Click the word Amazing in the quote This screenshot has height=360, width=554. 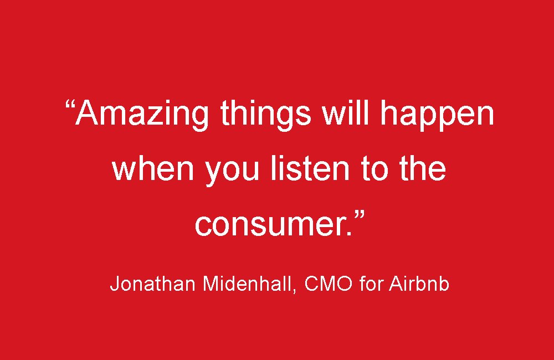point(142,114)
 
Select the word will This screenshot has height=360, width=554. point(344,113)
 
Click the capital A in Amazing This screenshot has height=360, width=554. point(88,113)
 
